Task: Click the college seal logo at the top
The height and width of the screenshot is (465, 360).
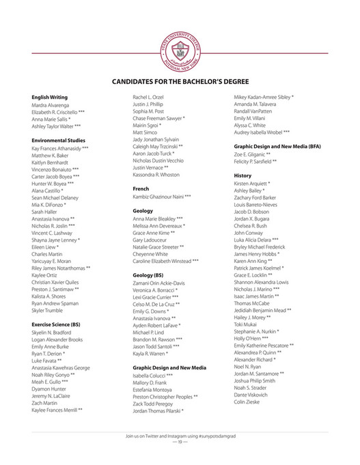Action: [x=180, y=48]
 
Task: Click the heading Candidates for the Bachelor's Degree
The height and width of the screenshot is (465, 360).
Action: [x=180, y=82]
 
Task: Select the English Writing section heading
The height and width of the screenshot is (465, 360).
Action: [x=49, y=97]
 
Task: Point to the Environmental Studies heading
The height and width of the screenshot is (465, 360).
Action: [x=58, y=139]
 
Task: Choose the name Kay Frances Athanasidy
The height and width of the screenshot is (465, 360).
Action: [x=60, y=147]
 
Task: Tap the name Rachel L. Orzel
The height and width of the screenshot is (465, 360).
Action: [x=148, y=97]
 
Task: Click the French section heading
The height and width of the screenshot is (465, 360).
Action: [x=141, y=188]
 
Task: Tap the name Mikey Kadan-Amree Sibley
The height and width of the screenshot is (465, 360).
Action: [x=264, y=97]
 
